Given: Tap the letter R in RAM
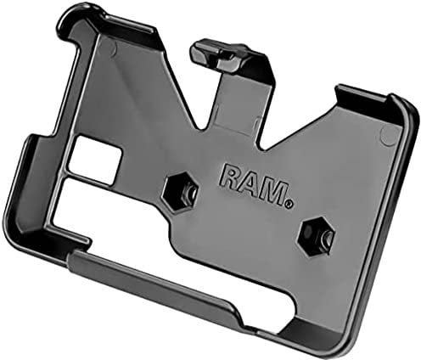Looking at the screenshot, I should pyautogui.click(x=229, y=176).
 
